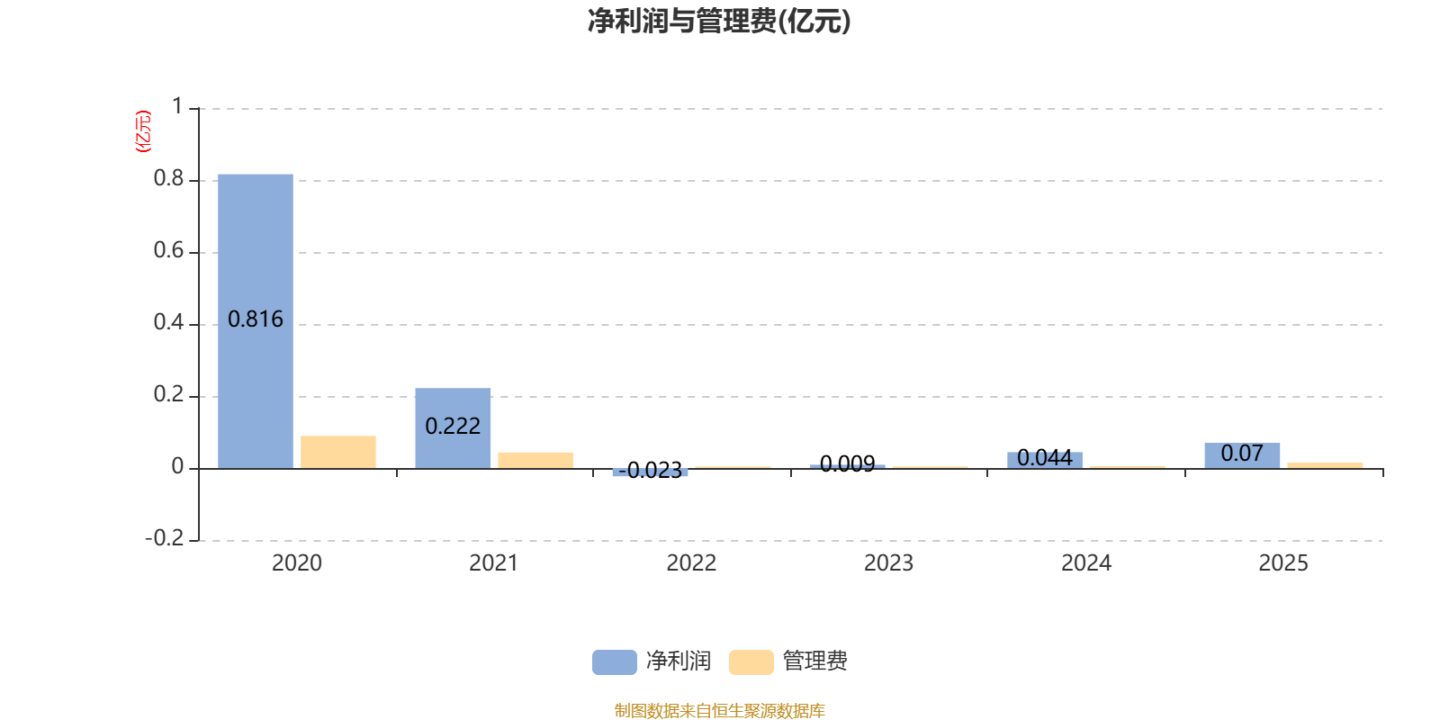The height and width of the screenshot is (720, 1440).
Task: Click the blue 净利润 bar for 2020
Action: (256, 321)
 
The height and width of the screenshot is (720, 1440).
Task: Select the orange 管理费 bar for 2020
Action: (338, 453)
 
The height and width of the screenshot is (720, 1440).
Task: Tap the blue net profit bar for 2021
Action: (453, 428)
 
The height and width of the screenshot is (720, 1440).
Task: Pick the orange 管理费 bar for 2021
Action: (535, 461)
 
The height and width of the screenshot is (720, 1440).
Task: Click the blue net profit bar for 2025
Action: (1242, 455)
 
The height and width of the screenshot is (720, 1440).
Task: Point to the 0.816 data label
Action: (256, 319)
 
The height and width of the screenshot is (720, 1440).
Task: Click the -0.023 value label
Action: (650, 471)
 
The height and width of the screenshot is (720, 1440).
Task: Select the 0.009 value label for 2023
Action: (847, 463)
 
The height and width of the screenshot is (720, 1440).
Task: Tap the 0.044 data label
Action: (1045, 458)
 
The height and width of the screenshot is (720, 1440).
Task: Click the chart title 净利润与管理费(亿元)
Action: (719, 22)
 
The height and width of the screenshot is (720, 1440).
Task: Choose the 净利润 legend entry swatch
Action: (615, 662)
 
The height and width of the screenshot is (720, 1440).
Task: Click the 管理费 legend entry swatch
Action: (751, 662)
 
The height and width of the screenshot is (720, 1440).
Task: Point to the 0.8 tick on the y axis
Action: (168, 178)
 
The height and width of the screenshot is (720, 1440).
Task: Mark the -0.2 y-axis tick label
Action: (165, 538)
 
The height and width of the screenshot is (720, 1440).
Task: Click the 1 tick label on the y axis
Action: (177, 106)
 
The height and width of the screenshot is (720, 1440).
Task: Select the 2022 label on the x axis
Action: (691, 563)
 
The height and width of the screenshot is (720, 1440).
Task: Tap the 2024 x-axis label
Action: (1085, 563)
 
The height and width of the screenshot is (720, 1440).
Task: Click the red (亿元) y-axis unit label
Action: (143, 131)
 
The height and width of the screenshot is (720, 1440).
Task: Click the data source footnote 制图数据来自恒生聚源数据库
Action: (719, 710)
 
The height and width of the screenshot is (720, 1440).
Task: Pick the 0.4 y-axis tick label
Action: (168, 322)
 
